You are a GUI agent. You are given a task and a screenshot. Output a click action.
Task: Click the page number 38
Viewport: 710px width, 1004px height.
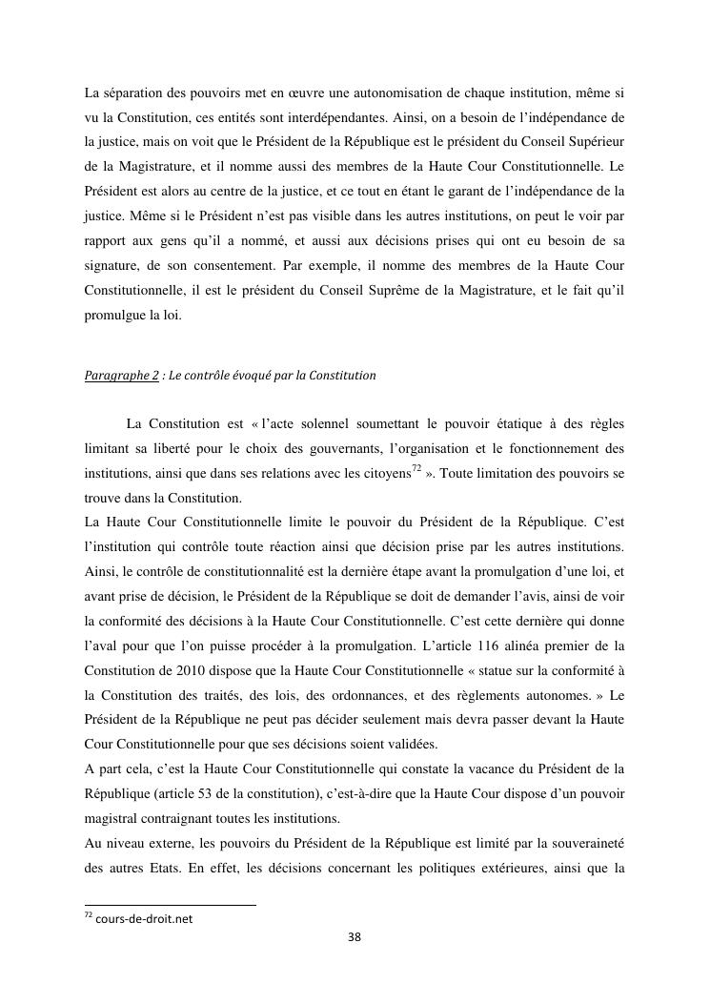[x=355, y=937]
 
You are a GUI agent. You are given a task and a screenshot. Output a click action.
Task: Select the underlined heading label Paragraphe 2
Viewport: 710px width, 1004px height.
[x=121, y=376]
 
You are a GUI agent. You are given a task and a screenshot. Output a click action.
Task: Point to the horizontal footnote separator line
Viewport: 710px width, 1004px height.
[x=171, y=904]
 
